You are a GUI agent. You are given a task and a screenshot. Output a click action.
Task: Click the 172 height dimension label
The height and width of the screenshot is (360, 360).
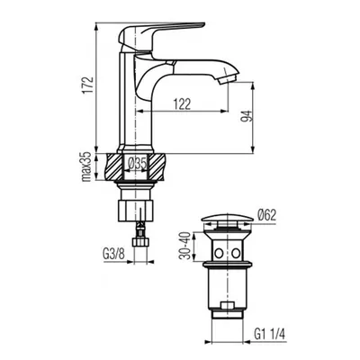click(88, 85)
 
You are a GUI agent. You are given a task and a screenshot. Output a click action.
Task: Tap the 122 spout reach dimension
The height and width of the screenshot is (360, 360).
click(182, 104)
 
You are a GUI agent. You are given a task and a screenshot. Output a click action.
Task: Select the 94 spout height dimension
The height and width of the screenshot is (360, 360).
click(246, 115)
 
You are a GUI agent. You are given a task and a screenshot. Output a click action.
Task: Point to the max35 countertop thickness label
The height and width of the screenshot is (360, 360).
click(86, 166)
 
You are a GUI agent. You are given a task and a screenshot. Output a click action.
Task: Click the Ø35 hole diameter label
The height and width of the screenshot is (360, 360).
click(137, 164)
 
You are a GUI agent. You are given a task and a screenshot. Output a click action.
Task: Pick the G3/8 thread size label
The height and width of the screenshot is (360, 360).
click(113, 255)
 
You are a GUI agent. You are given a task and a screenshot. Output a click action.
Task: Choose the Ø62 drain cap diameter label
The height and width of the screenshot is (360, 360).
click(266, 215)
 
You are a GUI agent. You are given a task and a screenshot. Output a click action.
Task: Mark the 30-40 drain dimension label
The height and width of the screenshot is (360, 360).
click(185, 247)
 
